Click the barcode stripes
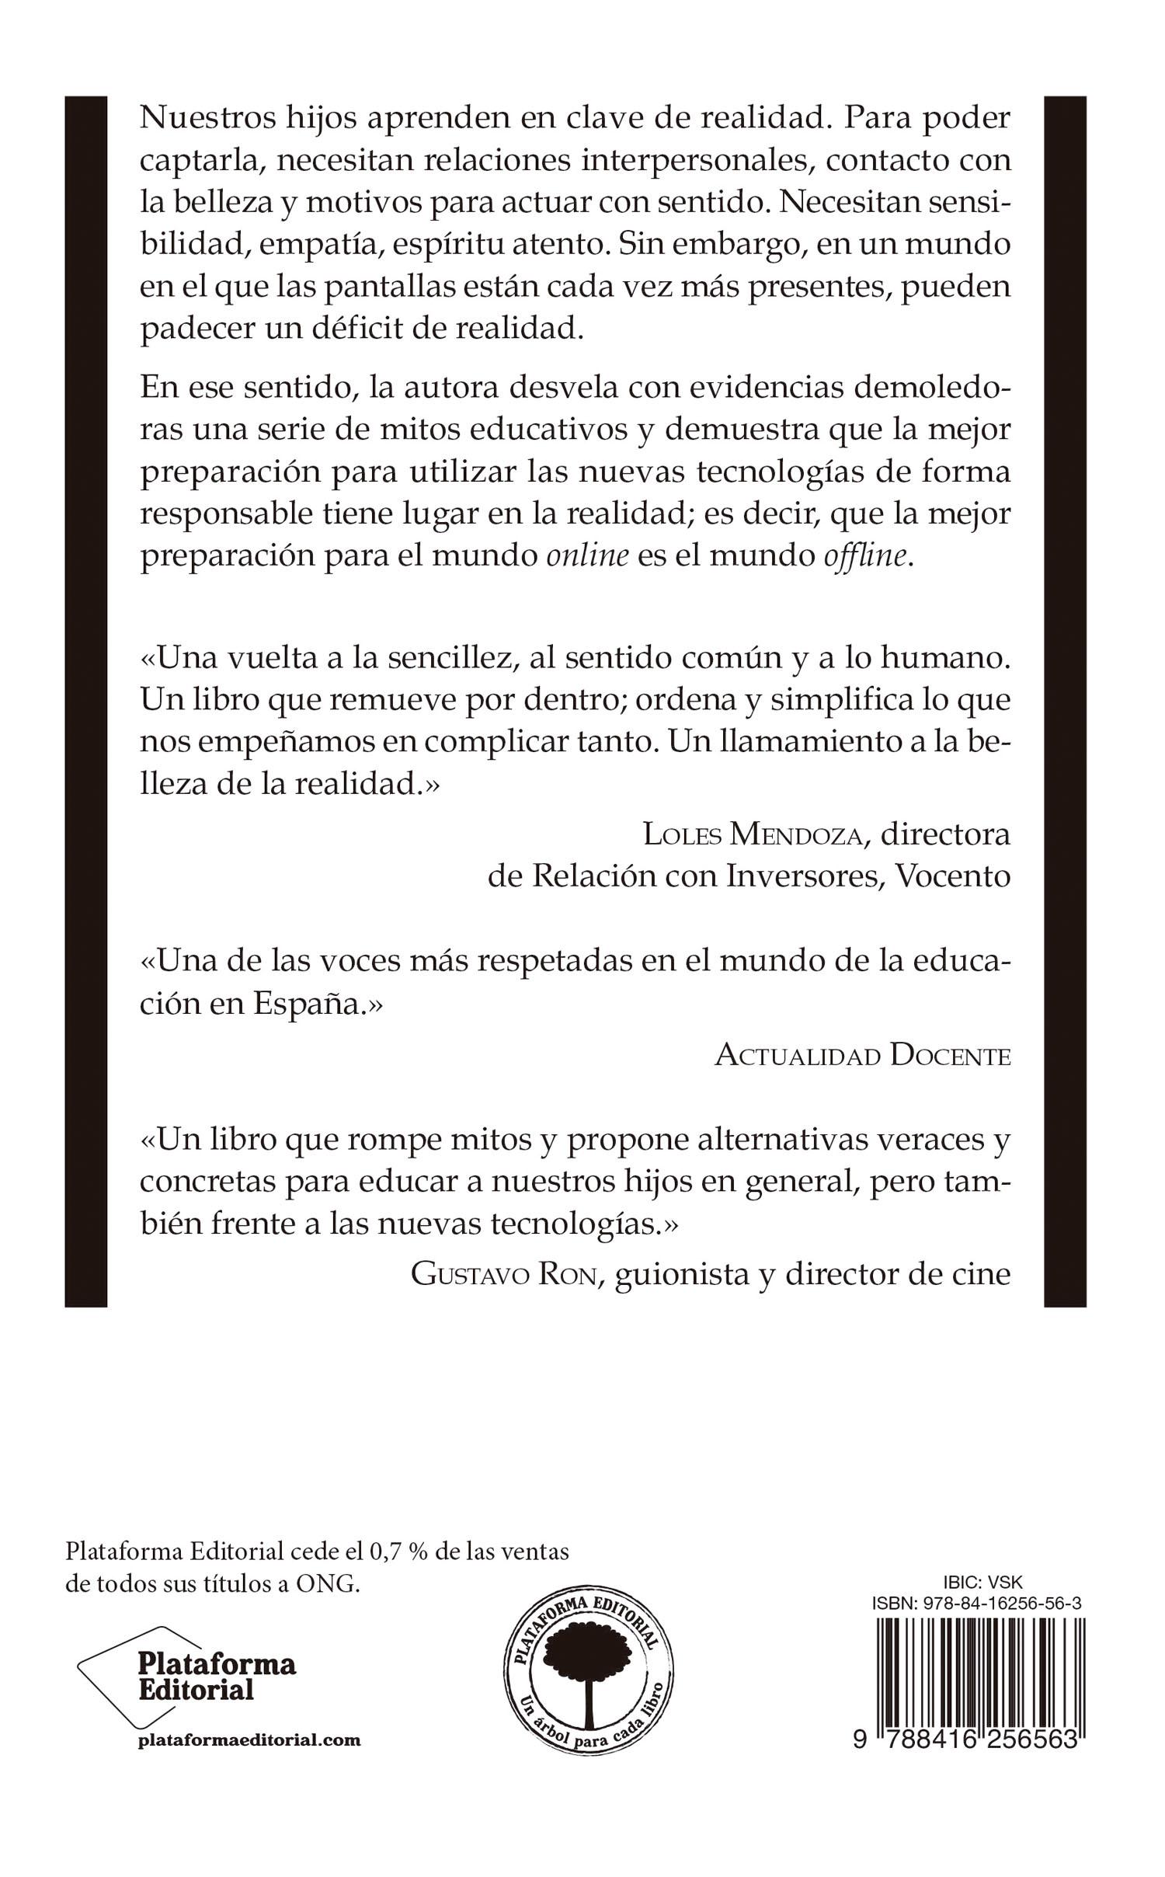coord(979,1655)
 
